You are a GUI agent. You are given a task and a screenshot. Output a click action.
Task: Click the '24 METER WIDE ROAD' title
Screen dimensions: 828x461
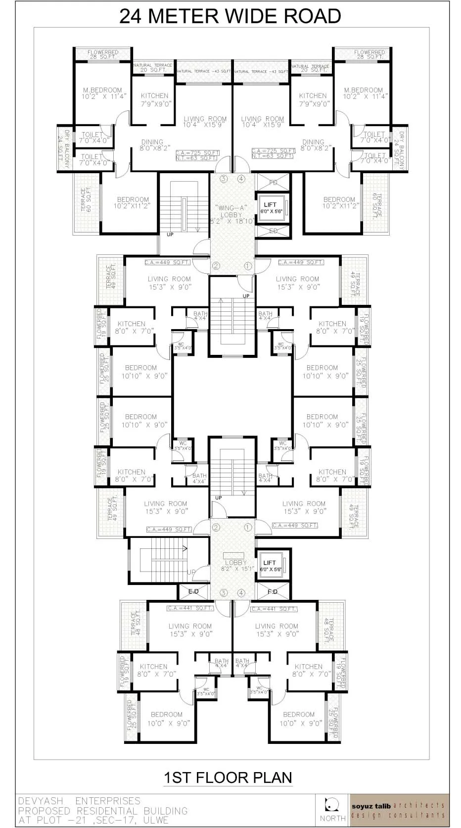point(230,16)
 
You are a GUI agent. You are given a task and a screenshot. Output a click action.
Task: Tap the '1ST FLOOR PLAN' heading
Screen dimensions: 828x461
point(228,777)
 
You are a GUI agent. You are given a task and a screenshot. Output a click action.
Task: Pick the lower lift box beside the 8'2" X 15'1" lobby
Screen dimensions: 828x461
point(271,566)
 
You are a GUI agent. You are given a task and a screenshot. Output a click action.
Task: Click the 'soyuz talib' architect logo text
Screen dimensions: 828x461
point(371,806)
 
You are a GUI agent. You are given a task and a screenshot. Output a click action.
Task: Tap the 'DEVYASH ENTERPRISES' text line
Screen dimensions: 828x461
point(79,801)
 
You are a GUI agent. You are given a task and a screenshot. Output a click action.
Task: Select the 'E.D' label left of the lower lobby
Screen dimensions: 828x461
point(193,591)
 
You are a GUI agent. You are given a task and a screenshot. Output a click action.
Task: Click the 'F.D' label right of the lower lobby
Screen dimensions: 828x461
point(273,591)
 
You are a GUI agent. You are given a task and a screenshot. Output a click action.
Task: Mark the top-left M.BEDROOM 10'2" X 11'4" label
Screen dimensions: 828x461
point(103,94)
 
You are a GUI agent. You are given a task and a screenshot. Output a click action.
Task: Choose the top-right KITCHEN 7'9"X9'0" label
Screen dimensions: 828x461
point(313,99)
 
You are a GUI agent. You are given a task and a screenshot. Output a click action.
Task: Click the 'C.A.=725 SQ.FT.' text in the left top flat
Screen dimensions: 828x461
point(197,152)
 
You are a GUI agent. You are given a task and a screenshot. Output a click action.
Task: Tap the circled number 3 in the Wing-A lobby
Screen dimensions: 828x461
point(223,179)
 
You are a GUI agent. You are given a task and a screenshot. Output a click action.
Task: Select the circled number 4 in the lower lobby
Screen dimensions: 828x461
point(241,592)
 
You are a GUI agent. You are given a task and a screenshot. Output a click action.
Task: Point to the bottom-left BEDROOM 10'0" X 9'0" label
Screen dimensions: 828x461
point(167,719)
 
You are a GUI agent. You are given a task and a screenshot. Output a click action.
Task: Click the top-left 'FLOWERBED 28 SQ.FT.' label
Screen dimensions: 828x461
point(103,54)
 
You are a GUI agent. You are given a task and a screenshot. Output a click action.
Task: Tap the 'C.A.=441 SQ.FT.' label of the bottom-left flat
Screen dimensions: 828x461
point(190,608)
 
